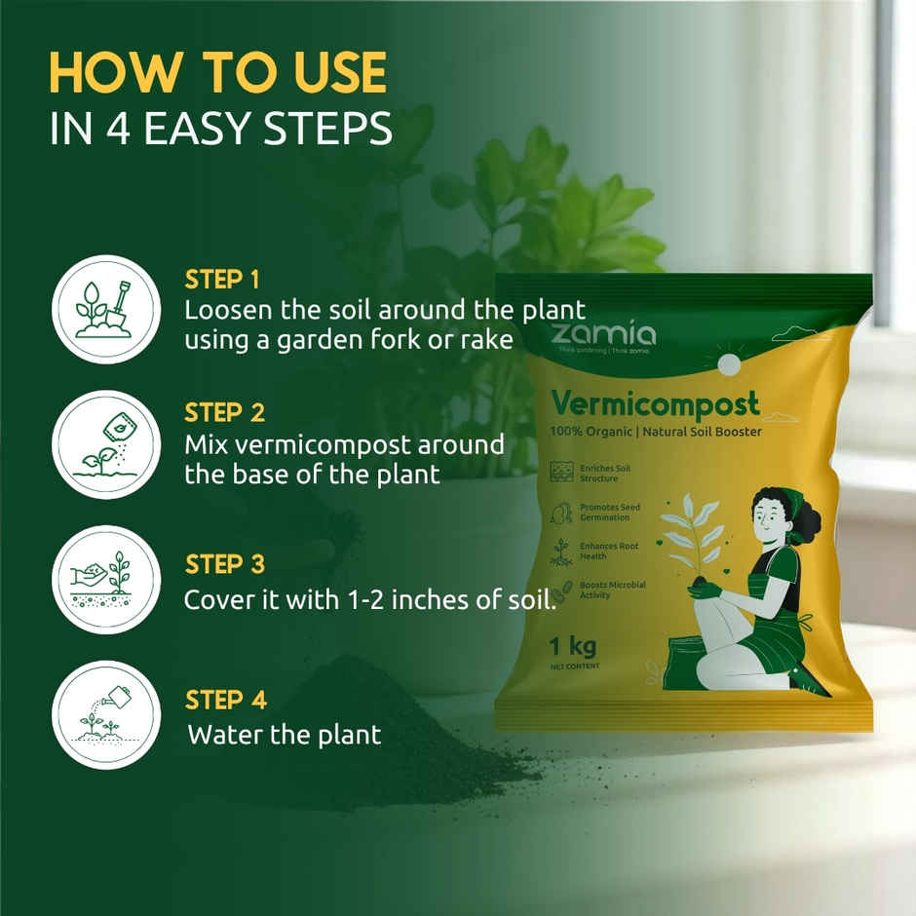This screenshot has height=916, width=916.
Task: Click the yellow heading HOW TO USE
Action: click(x=217, y=73)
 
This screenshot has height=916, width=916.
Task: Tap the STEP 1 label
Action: click(x=222, y=281)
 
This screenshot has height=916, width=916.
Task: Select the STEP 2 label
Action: click(x=224, y=413)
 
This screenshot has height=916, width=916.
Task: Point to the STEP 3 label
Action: click(x=224, y=564)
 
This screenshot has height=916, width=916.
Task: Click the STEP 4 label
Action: click(x=225, y=700)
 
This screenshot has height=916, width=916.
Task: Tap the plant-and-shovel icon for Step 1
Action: click(x=105, y=309)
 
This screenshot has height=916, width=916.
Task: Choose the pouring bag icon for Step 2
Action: click(x=105, y=444)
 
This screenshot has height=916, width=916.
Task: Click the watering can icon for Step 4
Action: click(x=105, y=714)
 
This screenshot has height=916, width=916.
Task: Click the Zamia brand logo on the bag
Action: click(x=603, y=334)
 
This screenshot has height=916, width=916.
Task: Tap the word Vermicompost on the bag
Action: click(x=654, y=401)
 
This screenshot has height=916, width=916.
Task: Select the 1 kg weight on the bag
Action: click(x=572, y=646)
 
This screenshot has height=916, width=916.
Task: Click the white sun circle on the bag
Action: click(x=728, y=364)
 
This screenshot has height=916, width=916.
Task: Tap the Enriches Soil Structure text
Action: click(x=604, y=474)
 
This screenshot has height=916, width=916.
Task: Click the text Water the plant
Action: click(x=284, y=734)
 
